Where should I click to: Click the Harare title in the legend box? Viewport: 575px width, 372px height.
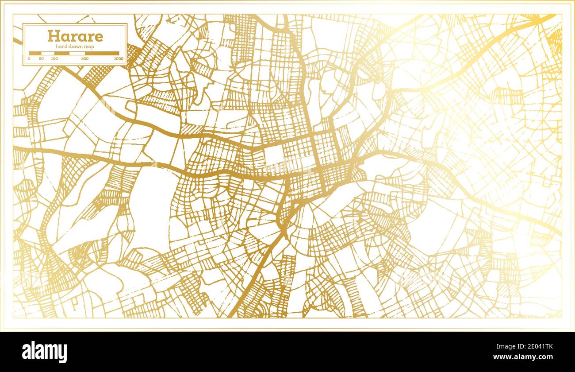(x=75, y=36)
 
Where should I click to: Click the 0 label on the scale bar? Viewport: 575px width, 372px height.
(x=29, y=58)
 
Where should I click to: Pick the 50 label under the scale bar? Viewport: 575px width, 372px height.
(x=41, y=58)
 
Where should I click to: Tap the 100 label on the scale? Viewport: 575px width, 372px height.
(x=54, y=58)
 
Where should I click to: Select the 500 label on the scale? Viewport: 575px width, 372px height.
(x=84, y=58)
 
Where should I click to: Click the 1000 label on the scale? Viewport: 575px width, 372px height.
(x=118, y=58)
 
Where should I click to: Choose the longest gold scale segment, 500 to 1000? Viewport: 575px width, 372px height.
(x=102, y=53)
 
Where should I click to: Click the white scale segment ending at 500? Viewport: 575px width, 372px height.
(x=77, y=53)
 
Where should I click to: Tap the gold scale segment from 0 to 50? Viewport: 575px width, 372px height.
(x=35, y=53)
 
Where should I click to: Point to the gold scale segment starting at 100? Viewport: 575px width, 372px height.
(x=62, y=53)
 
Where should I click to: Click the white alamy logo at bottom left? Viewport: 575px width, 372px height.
(x=44, y=353)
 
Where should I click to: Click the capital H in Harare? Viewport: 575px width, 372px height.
(x=53, y=36)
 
